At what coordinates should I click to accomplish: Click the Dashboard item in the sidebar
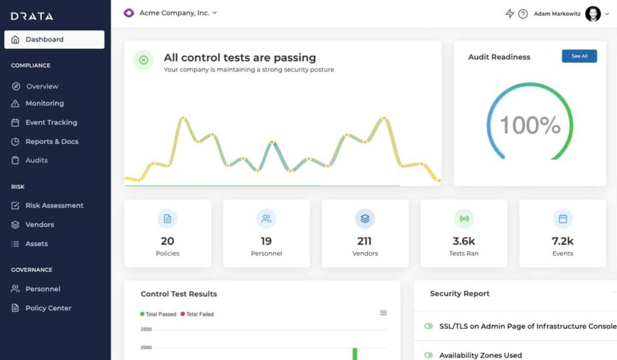pos(54,39)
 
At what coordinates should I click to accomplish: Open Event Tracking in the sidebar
pos(44,122)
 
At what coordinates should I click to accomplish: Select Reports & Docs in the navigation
pos(45,141)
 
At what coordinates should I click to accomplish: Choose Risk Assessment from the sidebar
pos(47,206)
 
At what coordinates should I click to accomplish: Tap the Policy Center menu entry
pos(42,308)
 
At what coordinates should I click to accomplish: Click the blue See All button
pos(579,56)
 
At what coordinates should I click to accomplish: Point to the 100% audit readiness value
pos(530,125)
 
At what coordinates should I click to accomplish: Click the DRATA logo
pos(32,16)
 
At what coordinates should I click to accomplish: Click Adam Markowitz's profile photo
pos(593,14)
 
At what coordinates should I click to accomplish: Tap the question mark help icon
pos(523,14)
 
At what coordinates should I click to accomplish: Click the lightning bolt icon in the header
pos(510,14)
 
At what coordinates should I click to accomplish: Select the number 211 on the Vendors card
pos(365,241)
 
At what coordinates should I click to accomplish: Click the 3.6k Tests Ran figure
pos(464,241)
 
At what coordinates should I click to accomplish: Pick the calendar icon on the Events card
pos(563,219)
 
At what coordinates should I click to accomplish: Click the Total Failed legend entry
pos(197,314)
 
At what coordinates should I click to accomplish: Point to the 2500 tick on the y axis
pos(146,329)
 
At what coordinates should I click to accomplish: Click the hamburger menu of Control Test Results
pos(383,313)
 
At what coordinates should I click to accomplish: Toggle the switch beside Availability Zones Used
pos(428,355)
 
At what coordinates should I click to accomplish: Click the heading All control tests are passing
pos(240,57)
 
